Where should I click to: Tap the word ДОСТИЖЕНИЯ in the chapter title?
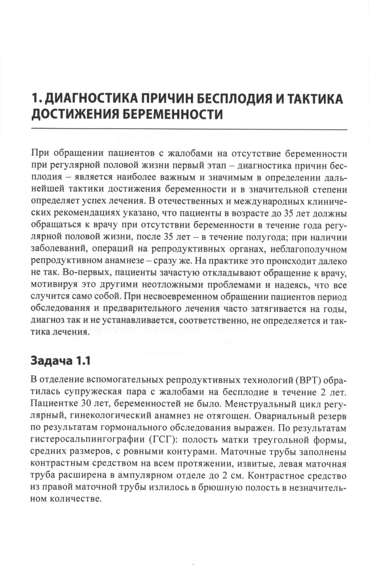[x=73, y=114]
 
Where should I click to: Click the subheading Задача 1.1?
[x=61, y=361]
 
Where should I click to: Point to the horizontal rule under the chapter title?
[x=189, y=129]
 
